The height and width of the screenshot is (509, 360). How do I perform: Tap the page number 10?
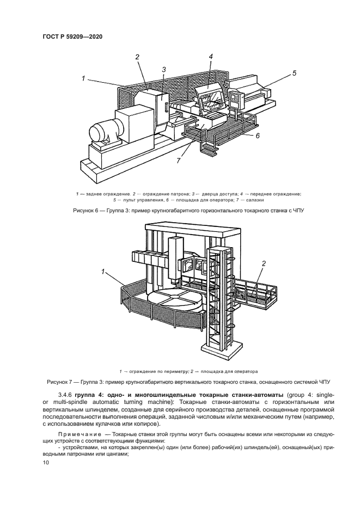pos(45,463)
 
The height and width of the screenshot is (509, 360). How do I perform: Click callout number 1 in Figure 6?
pos(83,78)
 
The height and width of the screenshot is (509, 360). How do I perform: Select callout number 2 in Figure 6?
pos(137,57)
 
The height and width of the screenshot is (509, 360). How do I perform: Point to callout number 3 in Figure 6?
pos(163,69)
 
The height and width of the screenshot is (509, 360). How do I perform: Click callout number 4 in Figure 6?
pos(210,56)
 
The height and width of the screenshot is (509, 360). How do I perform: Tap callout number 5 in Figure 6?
pos(294,72)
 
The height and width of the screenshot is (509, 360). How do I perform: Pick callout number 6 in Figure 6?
pos(258,136)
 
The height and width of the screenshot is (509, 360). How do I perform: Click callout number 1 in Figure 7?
pos(102,271)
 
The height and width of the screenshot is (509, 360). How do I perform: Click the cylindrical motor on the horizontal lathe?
pos(101,132)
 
